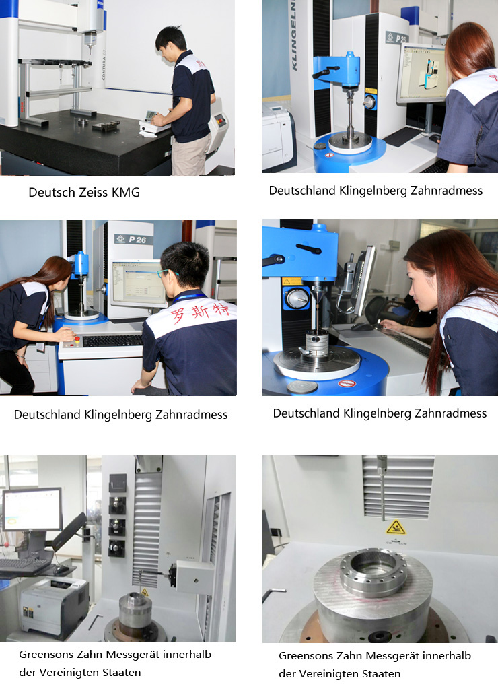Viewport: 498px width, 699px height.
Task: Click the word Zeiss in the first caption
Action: [x=93, y=192]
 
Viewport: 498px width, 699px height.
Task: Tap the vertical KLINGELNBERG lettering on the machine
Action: [x=293, y=35]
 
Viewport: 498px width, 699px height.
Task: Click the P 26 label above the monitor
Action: [x=137, y=240]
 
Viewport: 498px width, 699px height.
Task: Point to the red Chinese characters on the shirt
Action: [x=201, y=311]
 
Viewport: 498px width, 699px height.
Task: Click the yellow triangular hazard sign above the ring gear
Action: [x=396, y=527]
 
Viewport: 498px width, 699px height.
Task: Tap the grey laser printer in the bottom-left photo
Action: [x=55, y=606]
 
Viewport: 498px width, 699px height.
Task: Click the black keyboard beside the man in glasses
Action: [x=112, y=341]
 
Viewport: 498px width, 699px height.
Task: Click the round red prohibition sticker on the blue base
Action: [x=347, y=383]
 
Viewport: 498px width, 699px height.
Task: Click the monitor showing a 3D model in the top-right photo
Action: [x=422, y=73]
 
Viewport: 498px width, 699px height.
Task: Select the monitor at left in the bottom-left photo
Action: [x=32, y=510]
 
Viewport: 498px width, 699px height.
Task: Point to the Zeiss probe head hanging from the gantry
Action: [x=90, y=40]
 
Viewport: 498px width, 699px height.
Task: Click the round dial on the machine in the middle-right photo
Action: [x=297, y=298]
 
